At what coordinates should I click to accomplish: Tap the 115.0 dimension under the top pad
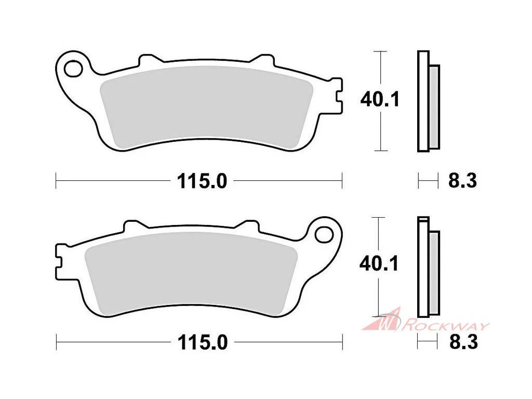(202, 181)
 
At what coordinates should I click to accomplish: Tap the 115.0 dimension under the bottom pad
(203, 343)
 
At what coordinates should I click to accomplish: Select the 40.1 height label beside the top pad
(380, 100)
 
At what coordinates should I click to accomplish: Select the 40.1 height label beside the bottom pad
(379, 263)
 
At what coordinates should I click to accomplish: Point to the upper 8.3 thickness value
(462, 181)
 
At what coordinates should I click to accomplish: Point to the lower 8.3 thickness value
(463, 342)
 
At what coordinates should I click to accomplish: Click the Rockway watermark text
(445, 326)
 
